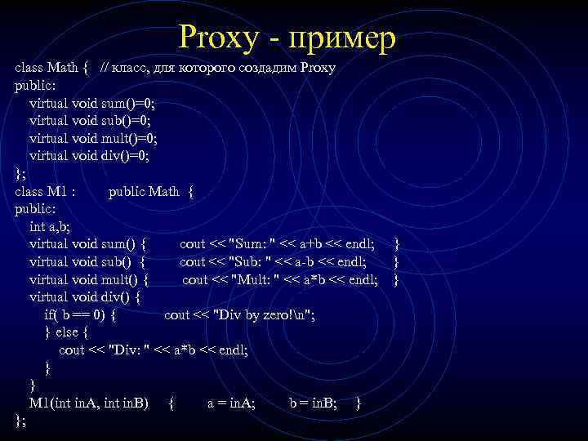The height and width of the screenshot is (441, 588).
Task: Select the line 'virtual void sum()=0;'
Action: pyautogui.click(x=92, y=103)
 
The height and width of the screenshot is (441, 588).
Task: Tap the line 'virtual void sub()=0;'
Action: pyautogui.click(x=91, y=120)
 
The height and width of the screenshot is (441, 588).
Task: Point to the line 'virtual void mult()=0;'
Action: pyautogui.click(x=94, y=138)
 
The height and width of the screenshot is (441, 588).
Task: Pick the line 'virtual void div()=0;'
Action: pyautogui.click(x=90, y=155)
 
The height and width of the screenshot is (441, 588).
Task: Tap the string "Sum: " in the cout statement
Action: pyautogui.click(x=255, y=244)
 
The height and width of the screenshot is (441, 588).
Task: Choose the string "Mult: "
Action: pyautogui.click(x=261, y=279)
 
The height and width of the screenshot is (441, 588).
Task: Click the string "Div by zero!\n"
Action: pyautogui.click(x=265, y=314)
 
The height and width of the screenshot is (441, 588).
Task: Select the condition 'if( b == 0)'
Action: pyautogui.click(x=80, y=314)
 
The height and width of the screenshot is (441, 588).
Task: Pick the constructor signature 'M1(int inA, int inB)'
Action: pyautogui.click(x=89, y=403)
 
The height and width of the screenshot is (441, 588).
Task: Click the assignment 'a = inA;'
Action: pyautogui.click(x=231, y=403)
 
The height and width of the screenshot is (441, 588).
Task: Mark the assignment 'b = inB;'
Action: pyautogui.click(x=314, y=403)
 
